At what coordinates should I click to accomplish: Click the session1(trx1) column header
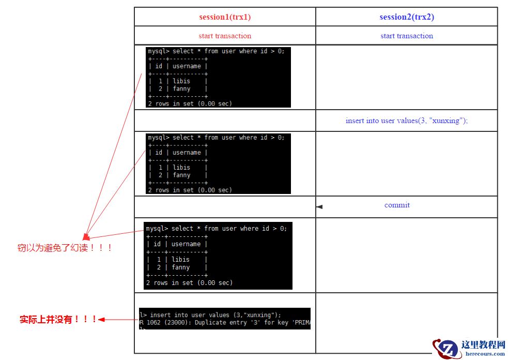tap(225, 17)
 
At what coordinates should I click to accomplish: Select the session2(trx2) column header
tap(407, 17)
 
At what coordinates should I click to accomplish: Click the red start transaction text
tap(225, 36)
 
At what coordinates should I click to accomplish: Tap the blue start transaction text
tap(407, 36)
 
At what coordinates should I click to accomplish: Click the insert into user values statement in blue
tap(407, 121)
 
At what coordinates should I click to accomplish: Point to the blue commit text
tap(397, 205)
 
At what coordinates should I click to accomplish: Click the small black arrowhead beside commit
tap(319, 207)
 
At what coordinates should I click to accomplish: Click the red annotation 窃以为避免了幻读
tap(65, 248)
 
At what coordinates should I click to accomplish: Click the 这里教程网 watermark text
tap(483, 345)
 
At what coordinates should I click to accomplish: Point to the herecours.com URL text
tap(485, 354)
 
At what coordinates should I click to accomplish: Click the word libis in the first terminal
tap(181, 81)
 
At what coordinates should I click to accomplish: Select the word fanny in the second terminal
tap(181, 175)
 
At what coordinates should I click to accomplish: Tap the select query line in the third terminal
tap(216, 229)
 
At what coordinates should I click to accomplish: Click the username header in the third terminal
tap(186, 244)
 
